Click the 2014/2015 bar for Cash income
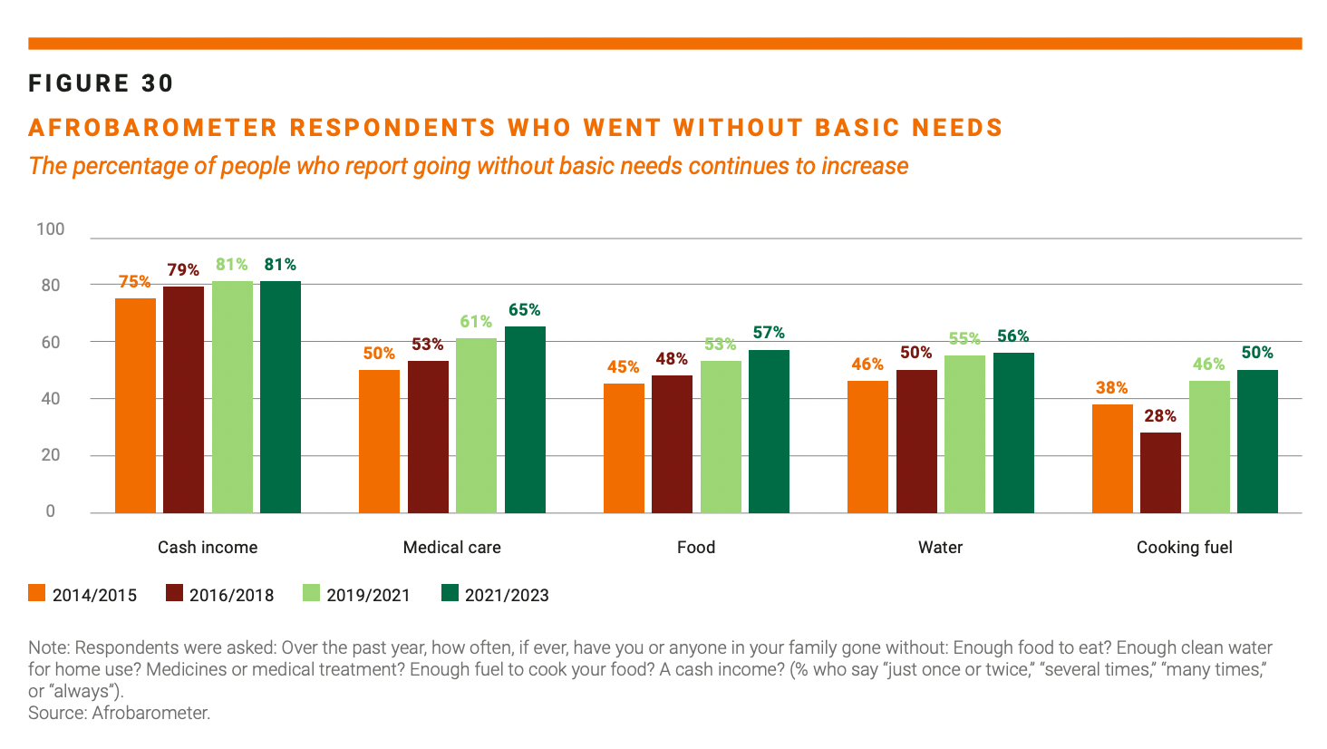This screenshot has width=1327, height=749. click(135, 405)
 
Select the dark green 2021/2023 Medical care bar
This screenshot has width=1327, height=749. click(525, 420)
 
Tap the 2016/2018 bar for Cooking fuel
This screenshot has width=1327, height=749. click(1160, 472)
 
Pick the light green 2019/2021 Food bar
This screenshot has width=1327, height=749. click(721, 437)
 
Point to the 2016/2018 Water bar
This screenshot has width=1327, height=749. click(916, 442)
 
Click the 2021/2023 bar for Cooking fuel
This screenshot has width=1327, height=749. click(1257, 442)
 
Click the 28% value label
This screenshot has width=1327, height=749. click(1160, 416)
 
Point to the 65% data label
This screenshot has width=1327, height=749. click(525, 310)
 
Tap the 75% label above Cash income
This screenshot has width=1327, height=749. click(135, 282)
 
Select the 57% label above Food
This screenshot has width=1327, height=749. click(769, 333)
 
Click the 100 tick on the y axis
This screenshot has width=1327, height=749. click(51, 229)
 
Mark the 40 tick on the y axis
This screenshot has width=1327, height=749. click(51, 399)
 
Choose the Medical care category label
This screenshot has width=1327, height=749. click(451, 548)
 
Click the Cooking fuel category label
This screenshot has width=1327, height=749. click(1184, 548)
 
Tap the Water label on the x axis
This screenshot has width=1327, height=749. click(940, 548)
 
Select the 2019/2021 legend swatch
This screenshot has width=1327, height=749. click(311, 594)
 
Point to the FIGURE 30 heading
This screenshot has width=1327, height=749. click(101, 83)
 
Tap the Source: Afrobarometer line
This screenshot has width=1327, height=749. click(119, 713)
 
